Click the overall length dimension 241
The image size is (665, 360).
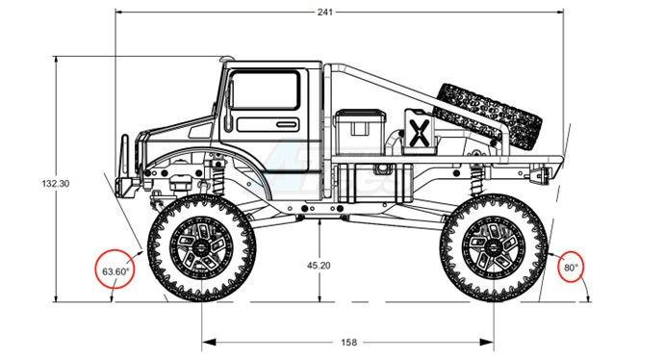[325, 12]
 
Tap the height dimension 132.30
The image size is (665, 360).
[56, 184]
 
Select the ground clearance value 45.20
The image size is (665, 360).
[319, 266]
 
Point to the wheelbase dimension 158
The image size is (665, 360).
[348, 342]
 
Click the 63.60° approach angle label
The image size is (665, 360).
[115, 271]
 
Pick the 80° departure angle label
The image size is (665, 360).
[571, 268]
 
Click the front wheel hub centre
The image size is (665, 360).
[201, 247]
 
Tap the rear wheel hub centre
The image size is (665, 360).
[494, 247]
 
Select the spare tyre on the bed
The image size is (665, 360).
[488, 116]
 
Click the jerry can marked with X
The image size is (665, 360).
[419, 131]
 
